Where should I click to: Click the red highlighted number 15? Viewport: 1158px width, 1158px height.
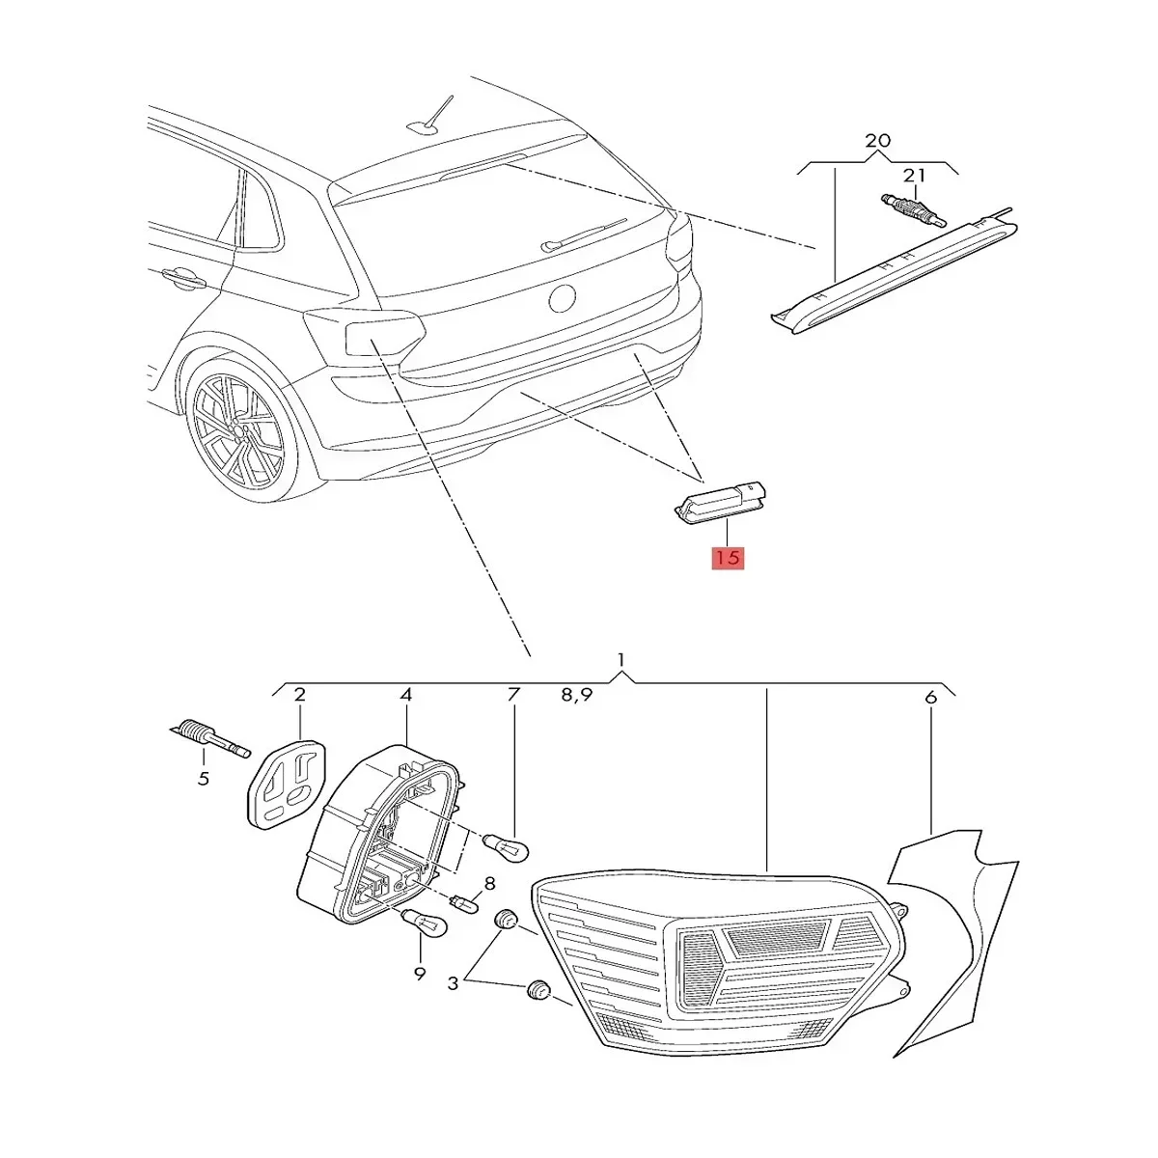point(728,557)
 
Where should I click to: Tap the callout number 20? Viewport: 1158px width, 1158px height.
point(877,141)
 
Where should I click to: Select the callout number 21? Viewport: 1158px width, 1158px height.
point(913,176)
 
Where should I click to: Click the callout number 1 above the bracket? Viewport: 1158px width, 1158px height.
point(621,659)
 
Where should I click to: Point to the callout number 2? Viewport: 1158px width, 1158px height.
point(299,694)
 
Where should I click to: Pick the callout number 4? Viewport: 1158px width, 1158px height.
point(406,694)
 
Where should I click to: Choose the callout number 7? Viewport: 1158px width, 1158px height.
point(513,694)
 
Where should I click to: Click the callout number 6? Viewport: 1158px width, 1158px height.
point(930,696)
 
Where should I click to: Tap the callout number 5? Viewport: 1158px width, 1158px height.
point(203,778)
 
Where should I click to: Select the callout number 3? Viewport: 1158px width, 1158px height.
point(453,984)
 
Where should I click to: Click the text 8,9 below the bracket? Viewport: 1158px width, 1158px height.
point(575,694)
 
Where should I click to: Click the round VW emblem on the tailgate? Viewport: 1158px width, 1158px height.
point(561,297)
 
